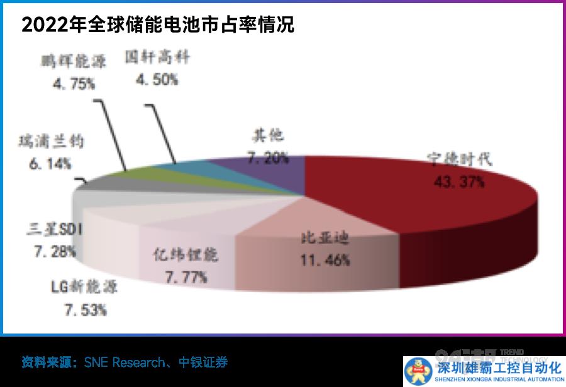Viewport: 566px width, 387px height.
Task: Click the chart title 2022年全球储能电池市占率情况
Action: coord(158,26)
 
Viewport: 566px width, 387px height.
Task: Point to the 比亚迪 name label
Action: coord(323,239)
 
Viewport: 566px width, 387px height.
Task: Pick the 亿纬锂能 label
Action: coord(186,254)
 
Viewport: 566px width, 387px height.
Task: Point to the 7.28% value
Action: coord(55,251)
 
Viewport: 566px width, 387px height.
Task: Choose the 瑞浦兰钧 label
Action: coord(51,143)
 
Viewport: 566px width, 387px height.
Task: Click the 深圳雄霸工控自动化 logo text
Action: coord(497,366)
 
